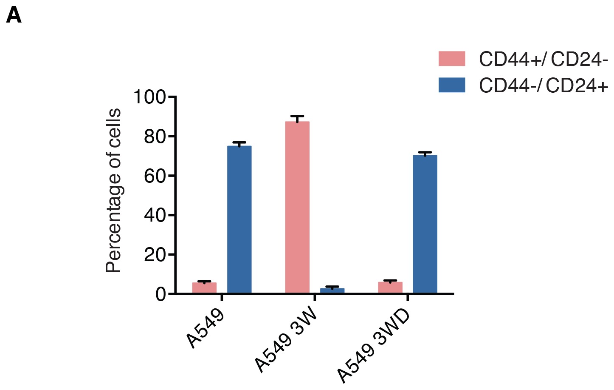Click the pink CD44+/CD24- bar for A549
(x=204, y=288)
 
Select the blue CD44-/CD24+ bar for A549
(x=239, y=219)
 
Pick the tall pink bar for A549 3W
(x=297, y=207)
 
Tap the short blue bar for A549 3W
(x=332, y=291)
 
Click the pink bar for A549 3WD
(x=390, y=288)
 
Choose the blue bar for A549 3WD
(x=425, y=224)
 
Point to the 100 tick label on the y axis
(x=149, y=97)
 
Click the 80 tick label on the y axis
(x=155, y=137)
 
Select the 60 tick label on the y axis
(x=155, y=176)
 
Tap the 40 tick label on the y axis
(x=155, y=215)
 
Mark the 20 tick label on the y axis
(x=155, y=255)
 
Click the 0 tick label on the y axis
(x=161, y=294)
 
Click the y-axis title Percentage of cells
(x=114, y=191)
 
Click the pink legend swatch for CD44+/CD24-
(x=452, y=59)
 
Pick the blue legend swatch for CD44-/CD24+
(x=452, y=85)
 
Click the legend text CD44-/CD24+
(x=544, y=85)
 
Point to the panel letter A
(x=14, y=16)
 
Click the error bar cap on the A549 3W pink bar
(x=297, y=116)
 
